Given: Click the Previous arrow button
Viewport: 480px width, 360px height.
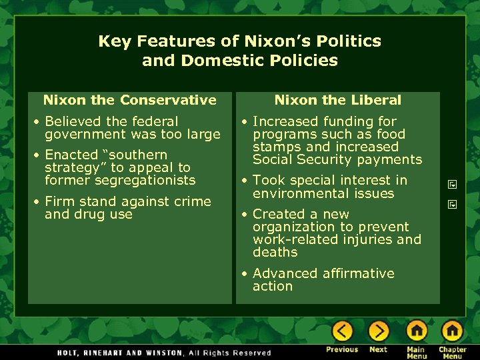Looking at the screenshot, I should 342,331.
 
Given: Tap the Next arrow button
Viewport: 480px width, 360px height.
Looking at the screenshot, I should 378,331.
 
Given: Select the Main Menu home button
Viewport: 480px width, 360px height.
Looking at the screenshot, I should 417,331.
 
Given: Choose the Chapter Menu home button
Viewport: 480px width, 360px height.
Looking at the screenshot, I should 452,331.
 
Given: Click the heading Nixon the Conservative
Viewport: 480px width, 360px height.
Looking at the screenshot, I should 129,101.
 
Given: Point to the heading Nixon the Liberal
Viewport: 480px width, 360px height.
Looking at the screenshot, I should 337,101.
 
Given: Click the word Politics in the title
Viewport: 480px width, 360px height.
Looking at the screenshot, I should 349,41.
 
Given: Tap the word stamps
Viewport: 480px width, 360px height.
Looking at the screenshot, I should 275,147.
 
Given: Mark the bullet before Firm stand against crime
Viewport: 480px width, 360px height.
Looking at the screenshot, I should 38,202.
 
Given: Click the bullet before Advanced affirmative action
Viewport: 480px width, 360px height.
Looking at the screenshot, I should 246,274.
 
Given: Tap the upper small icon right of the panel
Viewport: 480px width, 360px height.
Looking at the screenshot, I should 451,184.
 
